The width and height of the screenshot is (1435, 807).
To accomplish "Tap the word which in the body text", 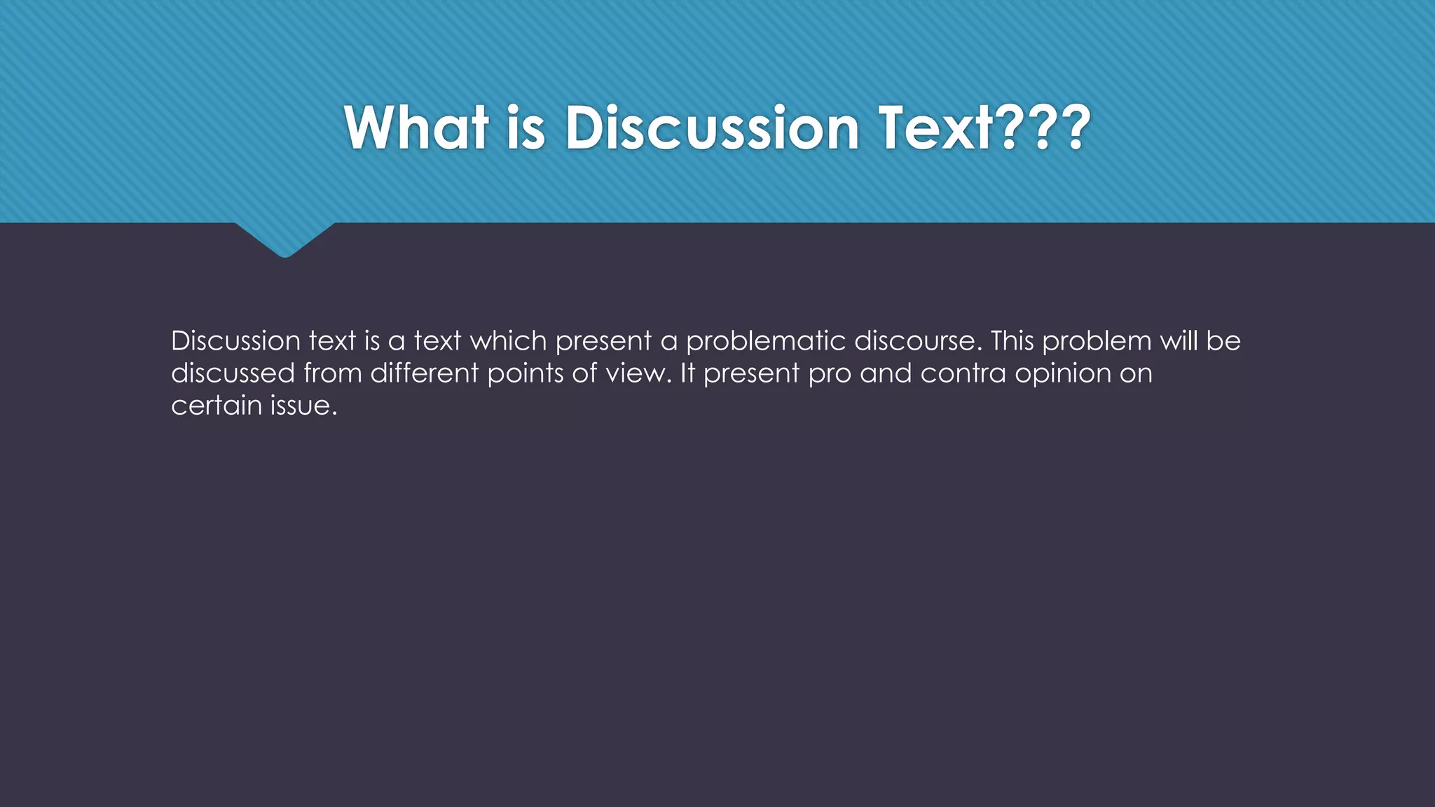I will click(508, 341).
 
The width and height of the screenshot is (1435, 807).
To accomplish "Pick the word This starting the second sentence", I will click(1012, 341).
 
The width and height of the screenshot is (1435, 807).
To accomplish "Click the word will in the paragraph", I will click(1179, 341).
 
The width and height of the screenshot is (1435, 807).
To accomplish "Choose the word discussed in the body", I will click(233, 373).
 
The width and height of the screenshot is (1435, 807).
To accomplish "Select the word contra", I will click(963, 373).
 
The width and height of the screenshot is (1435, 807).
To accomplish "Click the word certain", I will click(217, 406).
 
